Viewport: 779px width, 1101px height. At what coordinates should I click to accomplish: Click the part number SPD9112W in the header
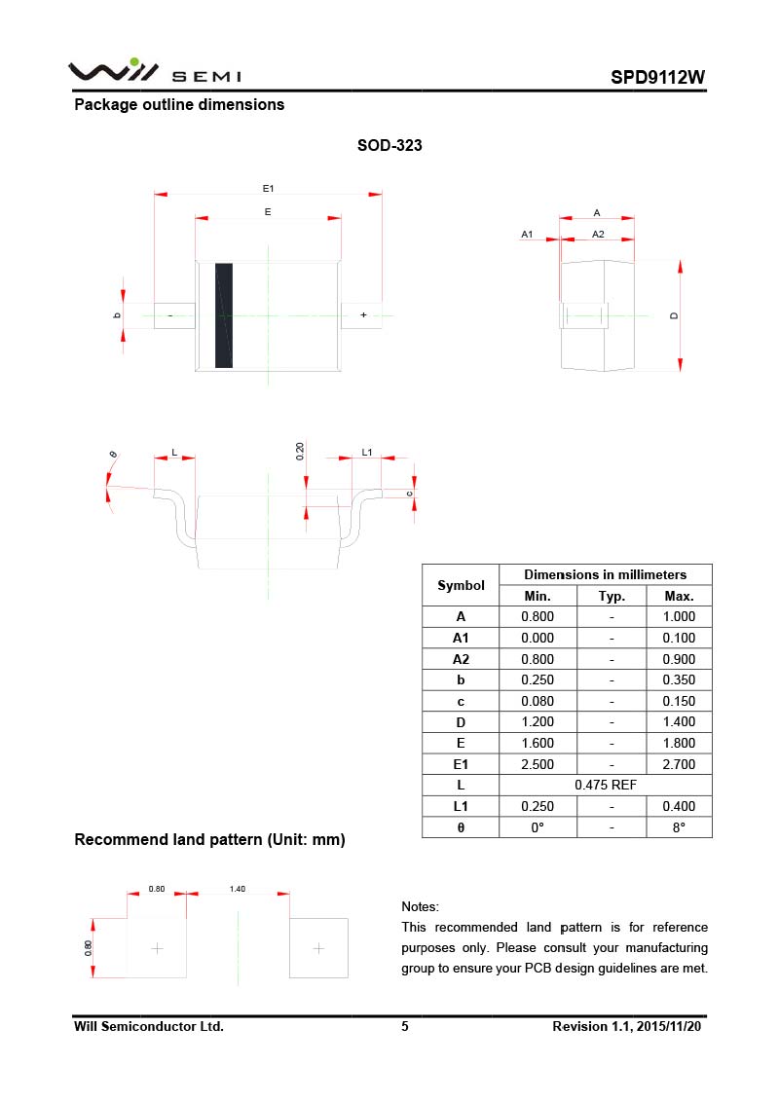(657, 77)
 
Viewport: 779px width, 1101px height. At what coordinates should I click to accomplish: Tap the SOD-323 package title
(389, 145)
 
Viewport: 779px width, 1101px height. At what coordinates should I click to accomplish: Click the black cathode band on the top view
(223, 315)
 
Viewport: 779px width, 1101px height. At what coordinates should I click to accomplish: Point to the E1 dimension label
(269, 188)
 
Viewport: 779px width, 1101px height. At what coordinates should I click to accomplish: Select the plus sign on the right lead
(363, 314)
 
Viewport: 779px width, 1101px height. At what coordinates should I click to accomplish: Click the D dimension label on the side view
(674, 316)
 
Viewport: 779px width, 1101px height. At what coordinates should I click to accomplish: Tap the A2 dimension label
(598, 234)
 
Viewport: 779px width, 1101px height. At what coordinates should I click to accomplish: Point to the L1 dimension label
(367, 453)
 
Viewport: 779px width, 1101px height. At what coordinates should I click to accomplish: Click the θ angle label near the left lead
(113, 455)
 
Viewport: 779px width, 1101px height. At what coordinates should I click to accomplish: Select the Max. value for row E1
(679, 764)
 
